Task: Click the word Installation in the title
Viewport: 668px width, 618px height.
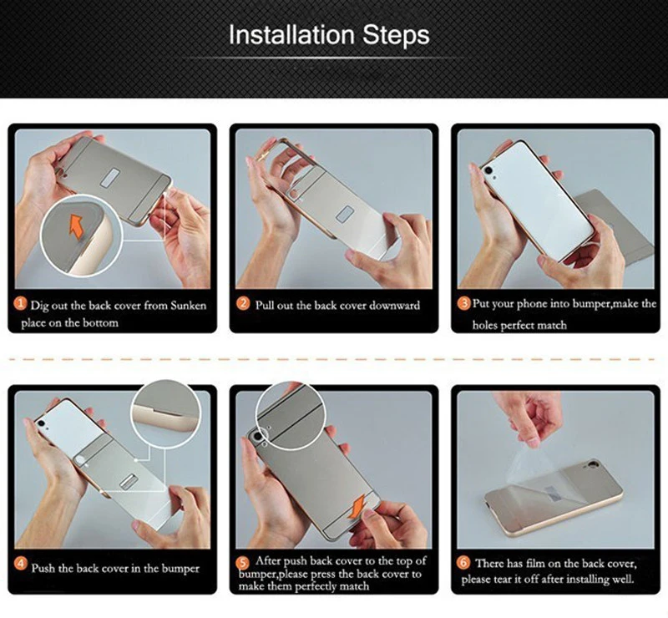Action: [x=291, y=34]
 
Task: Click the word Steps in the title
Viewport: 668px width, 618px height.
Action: [x=396, y=35]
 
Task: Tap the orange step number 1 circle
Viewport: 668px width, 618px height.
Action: [x=20, y=304]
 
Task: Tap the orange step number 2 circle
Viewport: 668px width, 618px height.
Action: [x=242, y=304]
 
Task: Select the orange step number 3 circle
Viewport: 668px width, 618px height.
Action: [x=464, y=304]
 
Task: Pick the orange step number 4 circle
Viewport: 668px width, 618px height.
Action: [x=20, y=564]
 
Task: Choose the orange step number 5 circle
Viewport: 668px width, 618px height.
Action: [x=242, y=563]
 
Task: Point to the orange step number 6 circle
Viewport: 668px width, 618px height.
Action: [x=464, y=563]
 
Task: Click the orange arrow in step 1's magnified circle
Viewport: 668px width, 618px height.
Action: [x=76, y=225]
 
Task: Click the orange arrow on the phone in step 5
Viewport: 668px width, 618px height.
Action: [x=356, y=507]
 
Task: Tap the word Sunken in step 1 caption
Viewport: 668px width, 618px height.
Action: [x=189, y=306]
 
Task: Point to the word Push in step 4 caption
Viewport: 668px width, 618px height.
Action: [x=43, y=569]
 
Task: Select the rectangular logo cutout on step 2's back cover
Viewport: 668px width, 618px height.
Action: [x=345, y=215]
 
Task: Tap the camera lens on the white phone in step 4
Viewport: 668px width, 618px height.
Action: [x=41, y=423]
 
